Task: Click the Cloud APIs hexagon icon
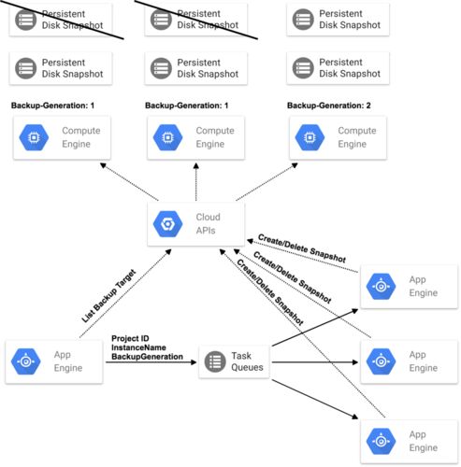[167, 223]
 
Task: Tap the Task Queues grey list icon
[215, 361]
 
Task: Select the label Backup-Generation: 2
[329, 106]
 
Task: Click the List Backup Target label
[108, 295]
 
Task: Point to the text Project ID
[130, 338]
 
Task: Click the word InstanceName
[138, 347]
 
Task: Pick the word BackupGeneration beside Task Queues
[147, 357]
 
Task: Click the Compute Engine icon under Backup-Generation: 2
[310, 137]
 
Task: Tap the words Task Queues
[247, 361]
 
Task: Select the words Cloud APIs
[208, 223]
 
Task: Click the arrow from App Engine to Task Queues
[151, 362]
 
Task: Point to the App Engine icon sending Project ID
[26, 361]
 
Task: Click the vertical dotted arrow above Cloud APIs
[196, 182]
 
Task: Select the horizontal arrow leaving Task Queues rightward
[315, 362]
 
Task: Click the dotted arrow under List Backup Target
[125, 293]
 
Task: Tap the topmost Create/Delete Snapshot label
[302, 248]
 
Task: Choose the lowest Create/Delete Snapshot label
[270, 291]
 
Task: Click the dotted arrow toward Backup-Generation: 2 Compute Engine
[267, 182]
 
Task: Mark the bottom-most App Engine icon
[381, 442]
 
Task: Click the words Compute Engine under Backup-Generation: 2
[357, 137]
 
